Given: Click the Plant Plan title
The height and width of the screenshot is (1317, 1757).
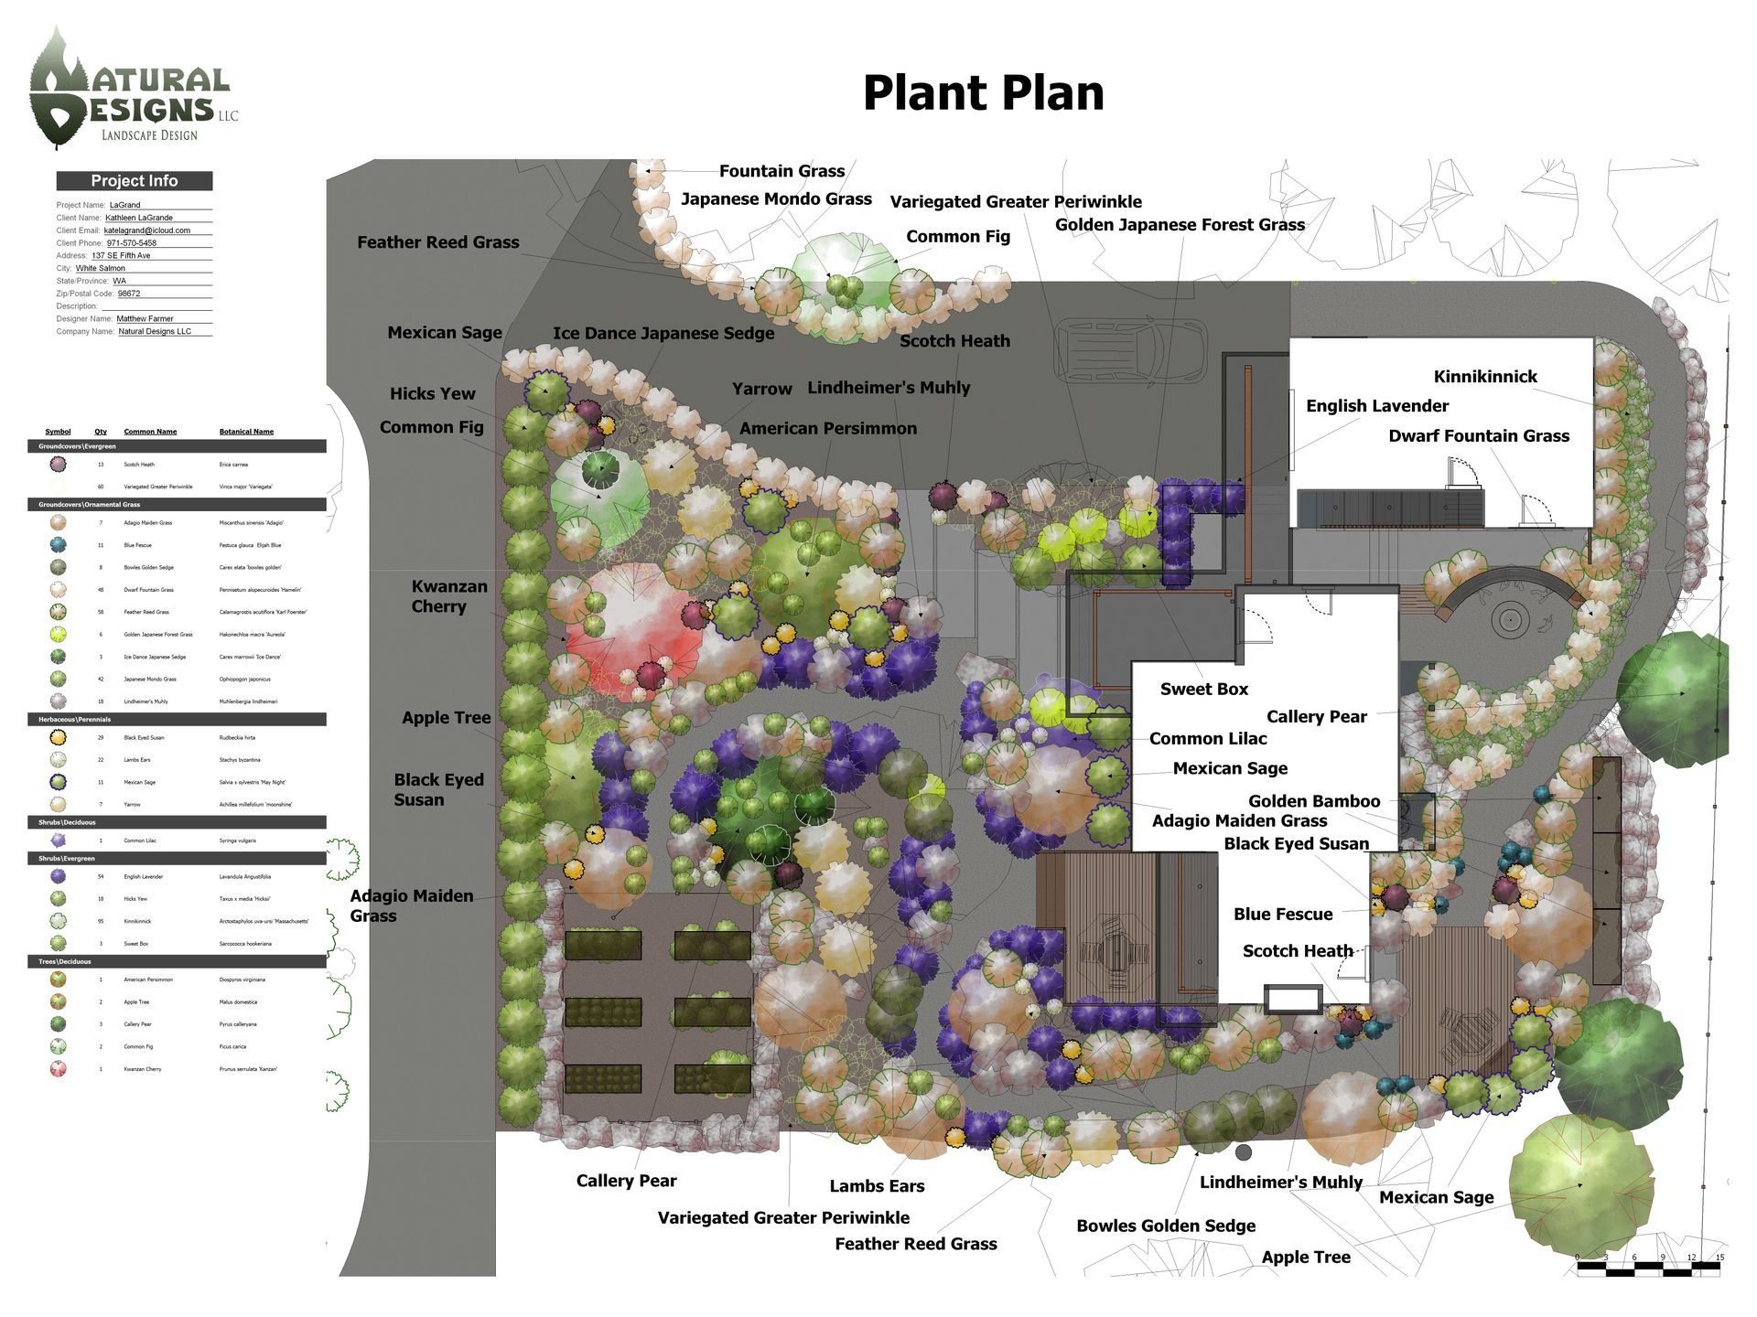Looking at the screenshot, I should pos(983,93).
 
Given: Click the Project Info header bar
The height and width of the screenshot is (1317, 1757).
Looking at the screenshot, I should pos(135,181).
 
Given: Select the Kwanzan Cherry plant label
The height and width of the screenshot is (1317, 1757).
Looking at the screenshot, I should pos(448,596).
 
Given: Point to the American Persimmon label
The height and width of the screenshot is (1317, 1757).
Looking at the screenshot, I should pos(827,428).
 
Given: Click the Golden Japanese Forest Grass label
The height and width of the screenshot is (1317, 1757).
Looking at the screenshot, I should pos(1180,225).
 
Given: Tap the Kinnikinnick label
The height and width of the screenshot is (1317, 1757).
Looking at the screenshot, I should pos(1484,377).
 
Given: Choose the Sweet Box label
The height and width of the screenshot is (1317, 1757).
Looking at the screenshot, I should pos(1203,690).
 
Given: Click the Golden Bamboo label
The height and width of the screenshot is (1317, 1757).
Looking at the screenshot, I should pos(1313,801).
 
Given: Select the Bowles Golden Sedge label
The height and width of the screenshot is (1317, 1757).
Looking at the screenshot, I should pos(1165,1226).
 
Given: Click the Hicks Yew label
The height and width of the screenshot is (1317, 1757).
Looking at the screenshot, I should pos(432,393).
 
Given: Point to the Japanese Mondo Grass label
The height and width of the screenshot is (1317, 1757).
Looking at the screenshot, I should pos(776,199).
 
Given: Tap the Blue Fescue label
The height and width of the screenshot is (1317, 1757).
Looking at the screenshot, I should pos(1282,914).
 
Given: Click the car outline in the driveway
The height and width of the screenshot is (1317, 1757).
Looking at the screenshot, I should pos(1130,352).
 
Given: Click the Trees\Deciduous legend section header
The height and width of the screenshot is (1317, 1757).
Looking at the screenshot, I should pos(177,961).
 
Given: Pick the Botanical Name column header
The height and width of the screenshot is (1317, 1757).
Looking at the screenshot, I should pos(246,432).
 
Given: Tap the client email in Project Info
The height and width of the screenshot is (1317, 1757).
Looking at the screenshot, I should pos(146,230).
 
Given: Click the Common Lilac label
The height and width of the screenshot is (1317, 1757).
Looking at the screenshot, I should pos(1207,739).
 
